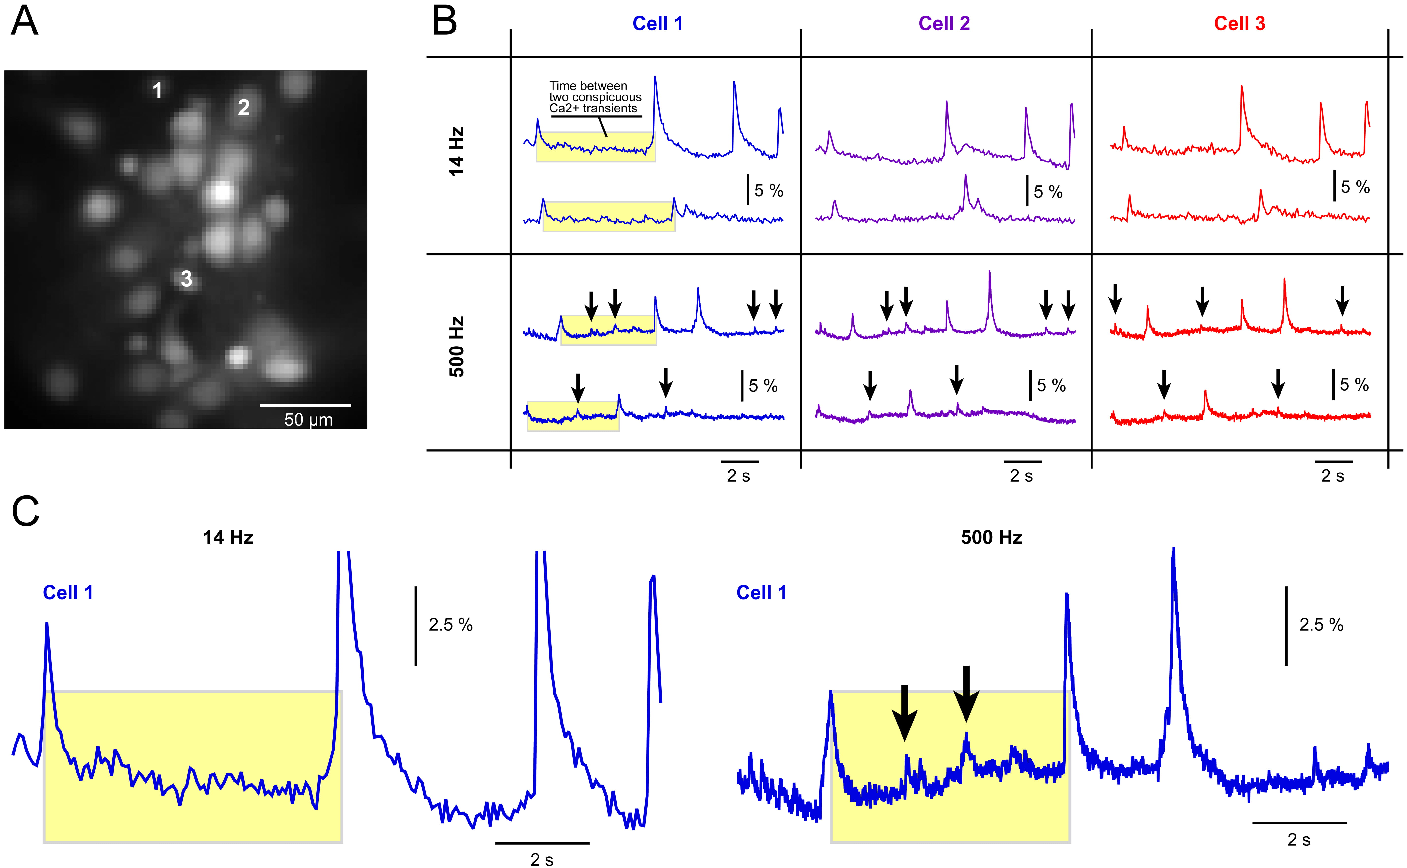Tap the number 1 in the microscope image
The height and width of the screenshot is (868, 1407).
click(157, 90)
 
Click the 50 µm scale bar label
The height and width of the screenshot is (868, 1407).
click(308, 420)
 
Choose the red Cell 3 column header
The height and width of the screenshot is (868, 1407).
click(1239, 24)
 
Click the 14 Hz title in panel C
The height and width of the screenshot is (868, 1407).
click(228, 537)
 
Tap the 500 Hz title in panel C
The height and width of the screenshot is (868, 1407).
click(991, 537)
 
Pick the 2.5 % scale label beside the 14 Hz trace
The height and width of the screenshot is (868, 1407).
click(451, 625)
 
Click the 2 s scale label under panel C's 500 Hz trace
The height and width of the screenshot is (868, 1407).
click(1298, 840)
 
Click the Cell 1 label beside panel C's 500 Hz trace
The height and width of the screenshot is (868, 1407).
click(761, 592)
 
